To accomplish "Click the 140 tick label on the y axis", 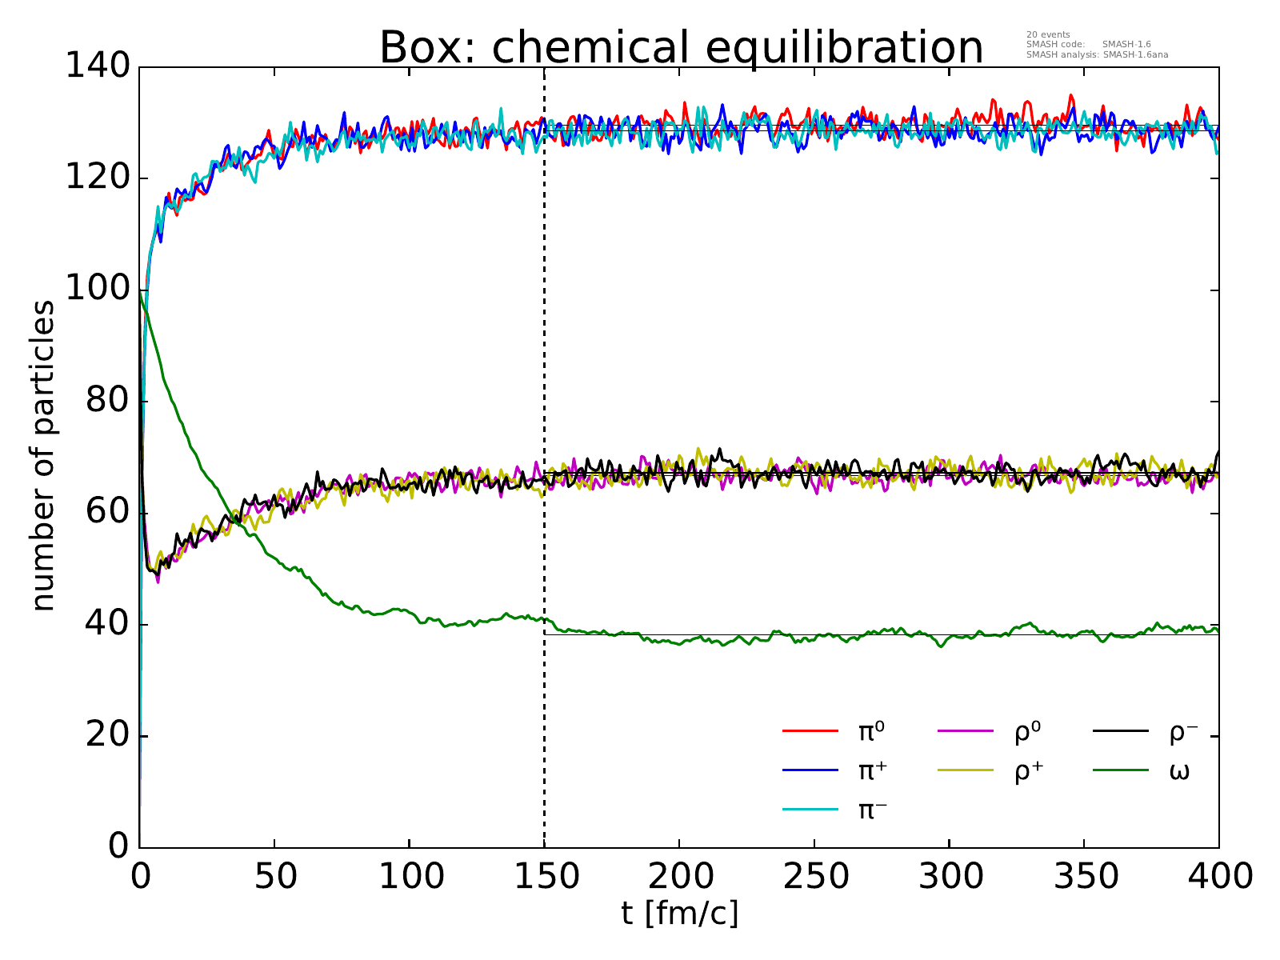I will [98, 67].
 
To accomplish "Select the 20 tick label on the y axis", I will [108, 736].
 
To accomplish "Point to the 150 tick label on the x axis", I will [544, 877].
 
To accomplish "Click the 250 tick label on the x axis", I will [814, 877].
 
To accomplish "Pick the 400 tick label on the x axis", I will [1218, 877].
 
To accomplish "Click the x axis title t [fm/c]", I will [679, 913].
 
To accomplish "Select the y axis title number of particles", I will [44, 456].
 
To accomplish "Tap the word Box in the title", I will [424, 48].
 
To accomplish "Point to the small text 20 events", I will [1048, 34].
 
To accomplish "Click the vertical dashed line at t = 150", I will [544, 400].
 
